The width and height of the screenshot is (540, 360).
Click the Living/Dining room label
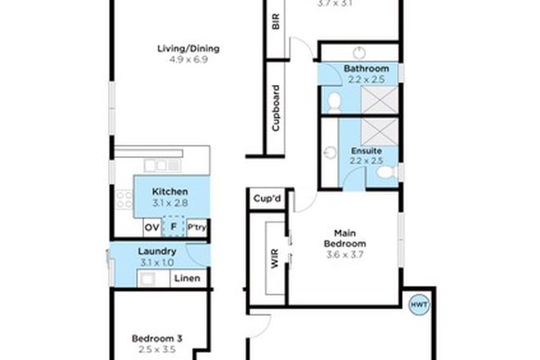point(188,48)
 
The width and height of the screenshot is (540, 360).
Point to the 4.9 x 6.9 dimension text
point(188,60)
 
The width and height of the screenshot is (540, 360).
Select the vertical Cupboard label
point(276,109)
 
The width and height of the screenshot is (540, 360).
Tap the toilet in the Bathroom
point(333,101)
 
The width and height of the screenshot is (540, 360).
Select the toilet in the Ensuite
point(391,170)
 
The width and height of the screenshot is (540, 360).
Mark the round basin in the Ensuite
point(330,152)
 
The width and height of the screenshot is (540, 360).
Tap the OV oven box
point(151,227)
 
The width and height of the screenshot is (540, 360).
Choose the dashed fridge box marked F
point(173,227)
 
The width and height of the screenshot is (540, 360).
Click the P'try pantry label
point(196,227)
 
